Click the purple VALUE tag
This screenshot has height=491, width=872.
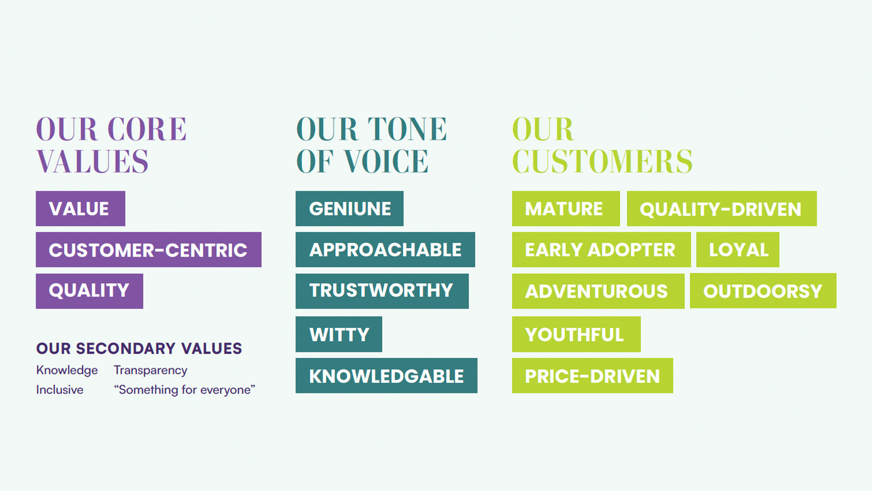coord(80,209)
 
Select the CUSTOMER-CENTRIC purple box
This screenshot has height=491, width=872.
coord(149,250)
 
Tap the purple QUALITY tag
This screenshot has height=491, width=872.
coord(89,291)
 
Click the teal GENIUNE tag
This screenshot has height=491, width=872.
coord(349,209)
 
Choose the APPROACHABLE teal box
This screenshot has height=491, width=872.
coord(385,250)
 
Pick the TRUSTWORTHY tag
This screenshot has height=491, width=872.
coord(382,291)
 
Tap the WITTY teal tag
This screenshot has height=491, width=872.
coord(339,334)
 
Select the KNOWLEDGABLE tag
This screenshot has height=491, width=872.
coord(386,376)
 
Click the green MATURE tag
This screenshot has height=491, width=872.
coord(566,209)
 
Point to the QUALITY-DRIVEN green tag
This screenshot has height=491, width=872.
coord(722,209)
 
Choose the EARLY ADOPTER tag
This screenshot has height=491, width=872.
coord(601,250)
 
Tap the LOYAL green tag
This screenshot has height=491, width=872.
coord(738,250)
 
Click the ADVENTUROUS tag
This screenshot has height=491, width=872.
coord(598,291)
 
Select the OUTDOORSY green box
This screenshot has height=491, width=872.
coord(763,291)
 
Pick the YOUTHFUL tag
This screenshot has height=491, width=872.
coord(576,334)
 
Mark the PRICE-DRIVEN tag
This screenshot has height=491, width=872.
coord(593,376)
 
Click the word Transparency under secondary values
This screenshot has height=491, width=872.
coord(150,371)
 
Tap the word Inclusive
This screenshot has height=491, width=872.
coord(60,390)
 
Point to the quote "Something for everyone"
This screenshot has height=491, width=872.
coord(184,390)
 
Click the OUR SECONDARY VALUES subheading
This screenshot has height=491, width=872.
coord(139,348)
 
